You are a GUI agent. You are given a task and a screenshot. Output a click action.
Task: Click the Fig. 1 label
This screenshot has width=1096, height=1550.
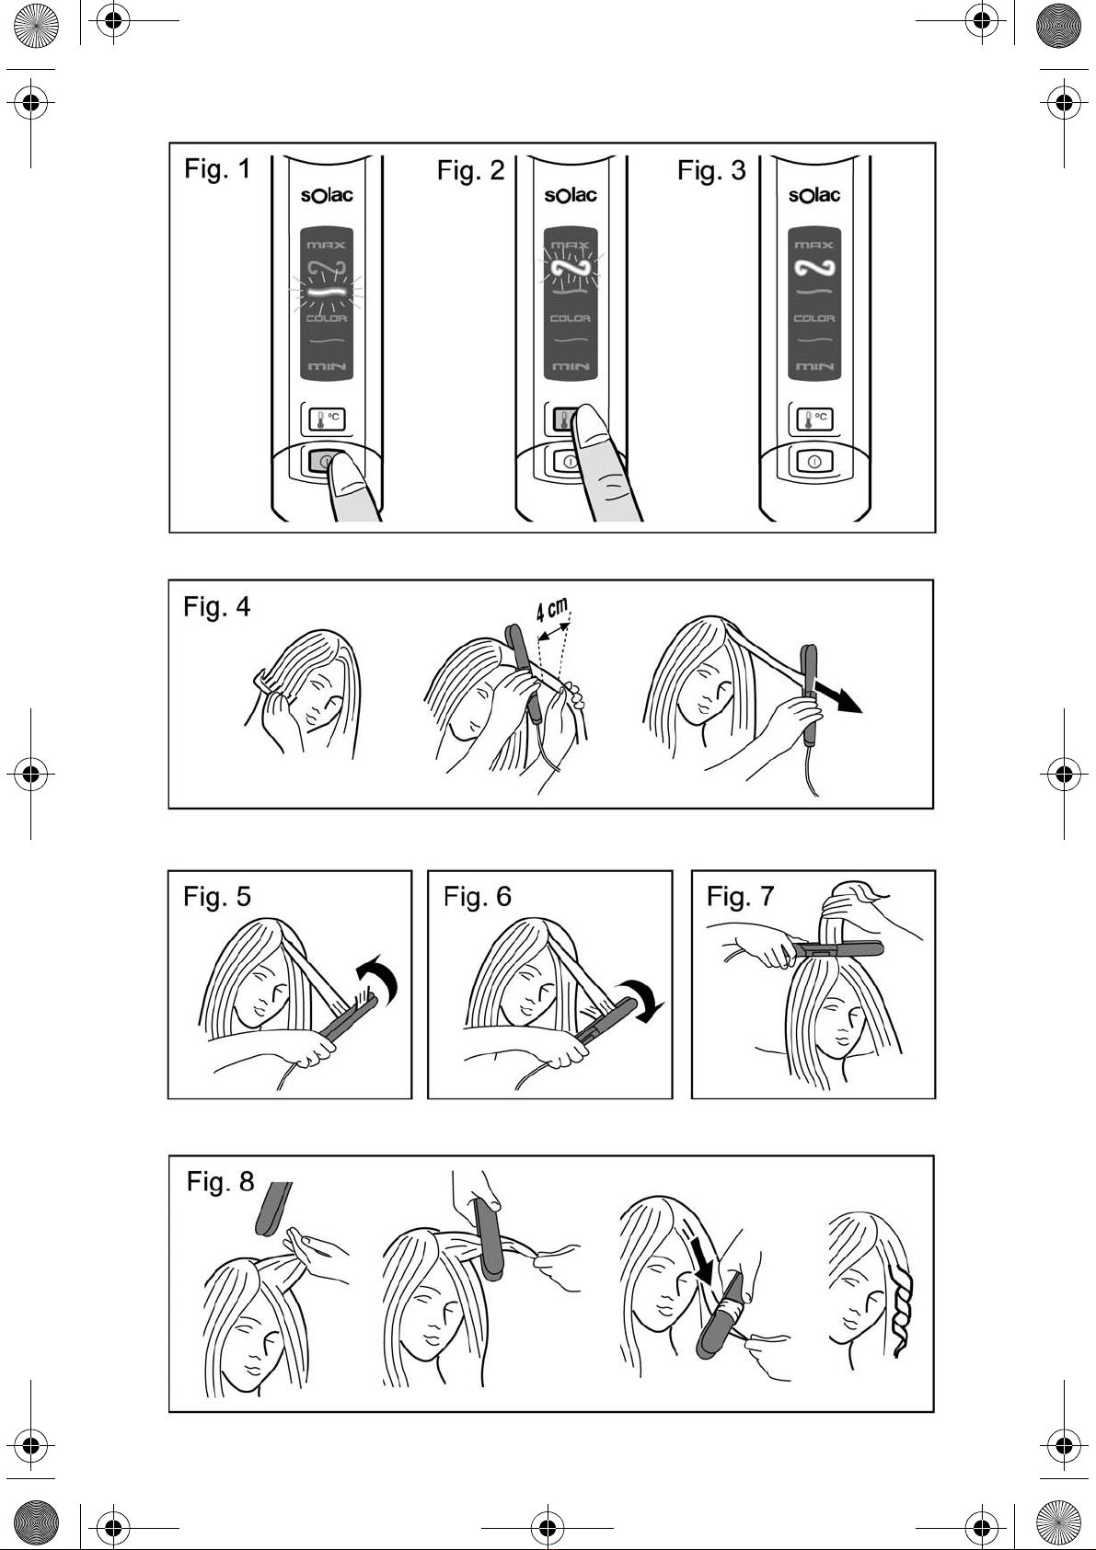(x=217, y=169)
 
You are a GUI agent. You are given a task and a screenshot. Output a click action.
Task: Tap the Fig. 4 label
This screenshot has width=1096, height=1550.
(x=217, y=607)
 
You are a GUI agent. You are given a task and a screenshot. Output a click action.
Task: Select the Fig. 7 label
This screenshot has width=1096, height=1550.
(x=740, y=896)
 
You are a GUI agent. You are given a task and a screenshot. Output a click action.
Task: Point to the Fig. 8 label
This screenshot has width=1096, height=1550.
(x=220, y=1181)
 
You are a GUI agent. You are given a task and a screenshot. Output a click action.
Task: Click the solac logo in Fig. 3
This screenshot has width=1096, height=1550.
(x=814, y=195)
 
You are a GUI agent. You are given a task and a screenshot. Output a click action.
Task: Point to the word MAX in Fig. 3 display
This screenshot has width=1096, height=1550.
(x=814, y=246)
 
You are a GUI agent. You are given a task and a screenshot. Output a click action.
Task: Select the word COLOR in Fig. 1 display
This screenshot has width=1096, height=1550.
(x=326, y=318)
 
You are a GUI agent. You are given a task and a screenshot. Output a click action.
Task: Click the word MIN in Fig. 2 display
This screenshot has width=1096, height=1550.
(x=571, y=367)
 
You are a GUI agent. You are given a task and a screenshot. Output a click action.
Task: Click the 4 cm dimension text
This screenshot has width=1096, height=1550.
(x=552, y=611)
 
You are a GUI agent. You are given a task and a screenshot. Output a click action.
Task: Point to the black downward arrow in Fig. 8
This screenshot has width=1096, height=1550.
(x=704, y=1269)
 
